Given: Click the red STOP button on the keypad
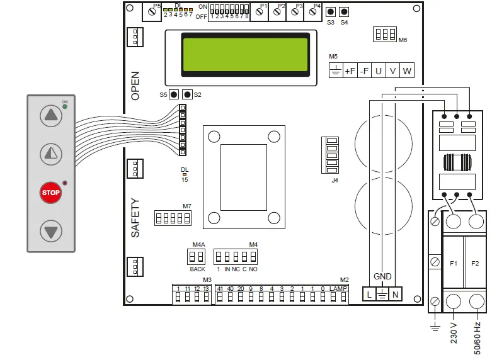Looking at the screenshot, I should (x=51, y=193).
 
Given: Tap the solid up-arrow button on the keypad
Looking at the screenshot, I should (x=51, y=116).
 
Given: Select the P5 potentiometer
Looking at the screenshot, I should (x=152, y=13).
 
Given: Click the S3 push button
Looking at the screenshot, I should (x=331, y=13).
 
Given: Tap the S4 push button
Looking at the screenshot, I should (x=344, y=13).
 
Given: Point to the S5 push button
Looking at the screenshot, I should (x=173, y=94).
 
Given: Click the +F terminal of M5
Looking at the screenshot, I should (x=350, y=71).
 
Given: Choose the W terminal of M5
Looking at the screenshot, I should (x=407, y=71).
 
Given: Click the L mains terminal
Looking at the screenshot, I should (x=369, y=294).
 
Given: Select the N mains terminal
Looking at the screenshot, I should (x=395, y=294).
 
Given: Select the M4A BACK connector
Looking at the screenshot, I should (x=197, y=256).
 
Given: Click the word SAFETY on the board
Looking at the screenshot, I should (x=135, y=218).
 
